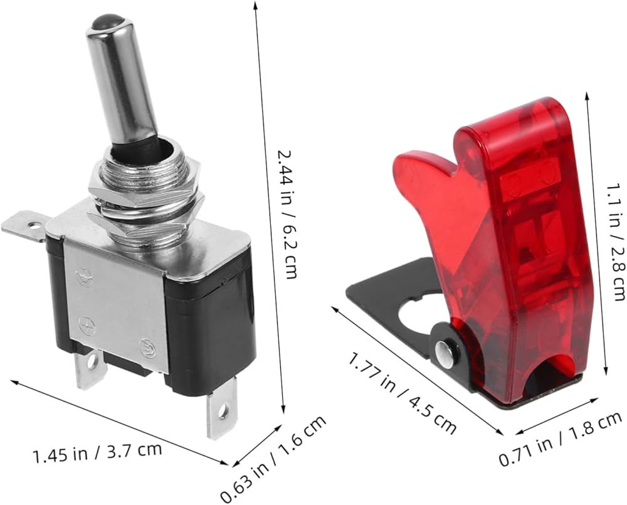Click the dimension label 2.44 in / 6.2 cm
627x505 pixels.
[x=287, y=214]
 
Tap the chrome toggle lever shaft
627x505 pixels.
[x=122, y=80]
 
